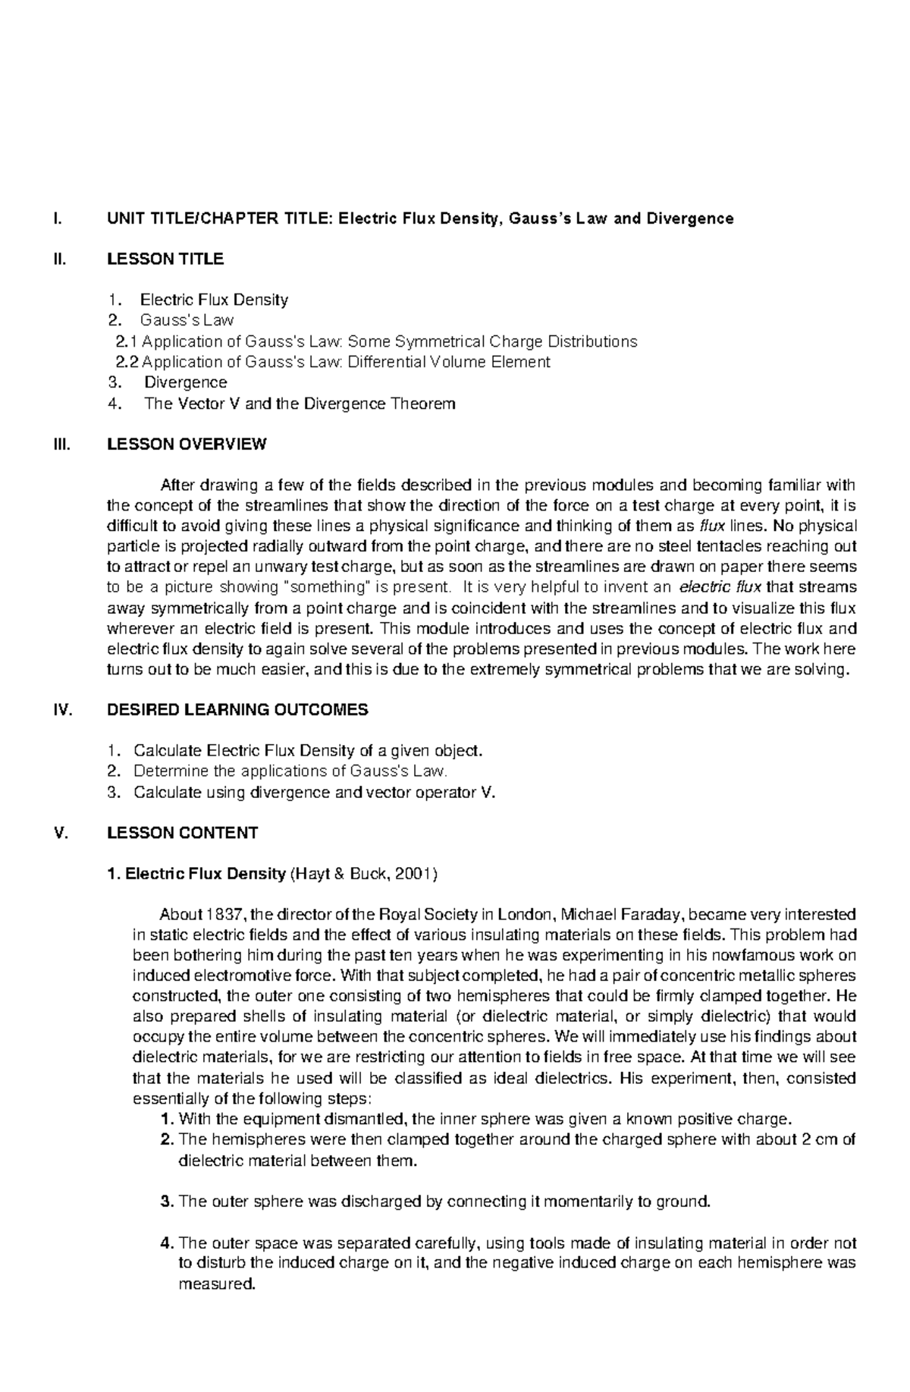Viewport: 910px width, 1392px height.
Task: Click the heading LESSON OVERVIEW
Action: coord(187,445)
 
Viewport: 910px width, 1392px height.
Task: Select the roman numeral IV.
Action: coord(60,710)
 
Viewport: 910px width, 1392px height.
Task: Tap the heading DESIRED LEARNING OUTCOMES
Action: coord(237,710)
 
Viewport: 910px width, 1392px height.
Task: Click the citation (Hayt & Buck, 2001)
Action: coord(364,874)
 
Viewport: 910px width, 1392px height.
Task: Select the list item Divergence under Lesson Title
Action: coord(185,382)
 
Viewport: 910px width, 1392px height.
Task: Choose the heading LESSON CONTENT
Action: coord(182,833)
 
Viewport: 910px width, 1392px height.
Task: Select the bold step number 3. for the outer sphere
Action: coord(168,1202)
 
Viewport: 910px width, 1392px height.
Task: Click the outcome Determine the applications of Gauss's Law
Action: coord(290,771)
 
